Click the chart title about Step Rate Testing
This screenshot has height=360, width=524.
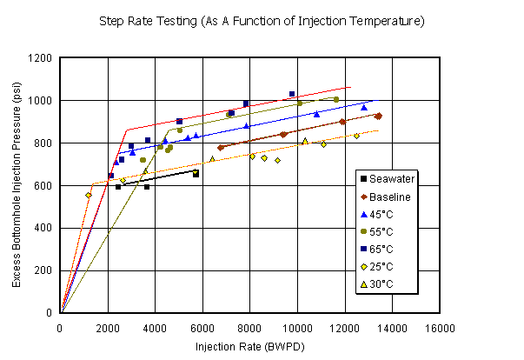(x=262, y=20)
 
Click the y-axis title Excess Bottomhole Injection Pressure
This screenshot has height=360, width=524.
(x=17, y=185)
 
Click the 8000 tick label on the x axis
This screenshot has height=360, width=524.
(x=250, y=327)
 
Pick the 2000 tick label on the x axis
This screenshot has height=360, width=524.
(x=108, y=327)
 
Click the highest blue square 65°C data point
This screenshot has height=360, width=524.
(x=292, y=94)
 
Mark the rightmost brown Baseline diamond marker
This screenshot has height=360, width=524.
(x=378, y=116)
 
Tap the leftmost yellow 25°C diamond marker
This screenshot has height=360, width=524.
(x=89, y=195)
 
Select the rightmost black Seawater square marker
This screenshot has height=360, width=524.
(x=196, y=174)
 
